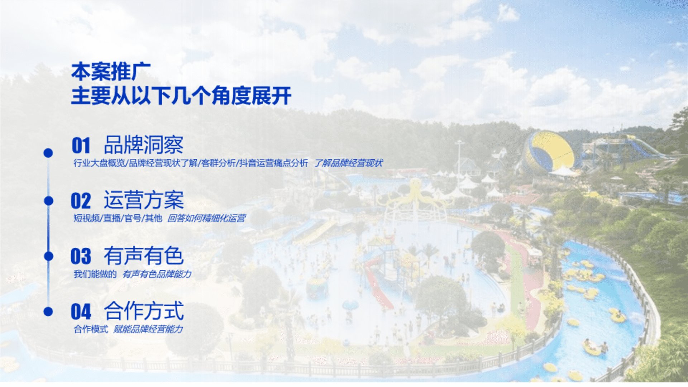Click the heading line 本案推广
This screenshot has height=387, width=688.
point(111,72)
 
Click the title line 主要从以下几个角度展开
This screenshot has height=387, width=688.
point(181,96)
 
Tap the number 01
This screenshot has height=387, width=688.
point(81,145)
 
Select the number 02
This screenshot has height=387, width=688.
point(81,201)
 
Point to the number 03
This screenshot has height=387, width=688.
point(81,256)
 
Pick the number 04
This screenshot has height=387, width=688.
point(81,311)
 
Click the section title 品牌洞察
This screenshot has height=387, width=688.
point(144,145)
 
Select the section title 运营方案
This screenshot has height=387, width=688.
point(144,200)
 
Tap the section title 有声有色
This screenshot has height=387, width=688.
point(144,256)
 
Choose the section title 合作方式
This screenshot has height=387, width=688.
point(144,311)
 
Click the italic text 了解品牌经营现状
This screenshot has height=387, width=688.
point(349,163)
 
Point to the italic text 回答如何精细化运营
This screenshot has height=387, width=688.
point(207,218)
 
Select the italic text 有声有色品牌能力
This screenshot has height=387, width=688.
point(157,274)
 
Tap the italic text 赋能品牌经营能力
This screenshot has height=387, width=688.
point(148,329)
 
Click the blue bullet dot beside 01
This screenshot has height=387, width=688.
point(48,153)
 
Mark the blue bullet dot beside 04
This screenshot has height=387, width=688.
point(48,311)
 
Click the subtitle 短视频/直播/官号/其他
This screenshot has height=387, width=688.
point(118,218)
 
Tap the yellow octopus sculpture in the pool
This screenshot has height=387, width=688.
point(415,195)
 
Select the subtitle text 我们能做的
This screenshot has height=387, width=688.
point(95,274)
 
